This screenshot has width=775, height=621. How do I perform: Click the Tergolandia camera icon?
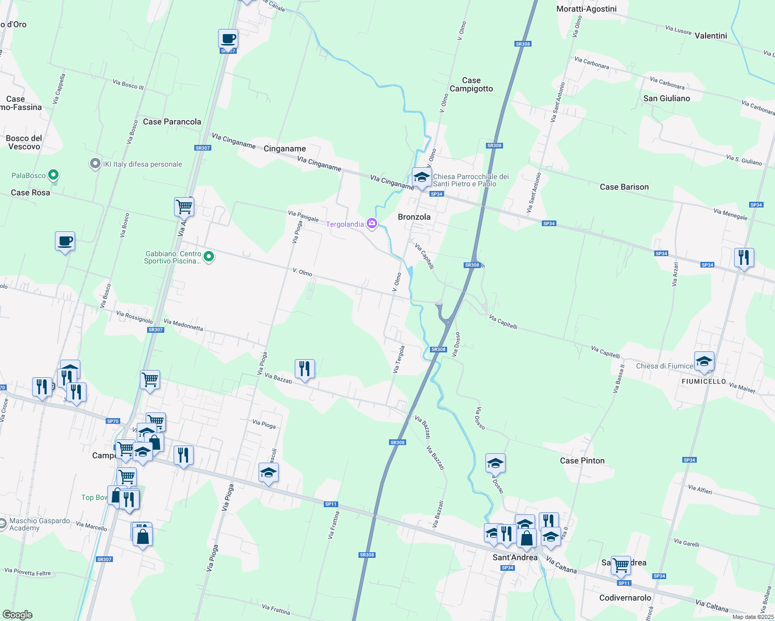click(371, 224)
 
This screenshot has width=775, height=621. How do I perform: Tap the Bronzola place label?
click(414, 217)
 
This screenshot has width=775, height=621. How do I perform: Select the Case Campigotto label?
click(471, 84)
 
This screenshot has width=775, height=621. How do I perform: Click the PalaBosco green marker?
click(53, 175)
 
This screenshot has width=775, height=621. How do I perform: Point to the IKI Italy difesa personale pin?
click(95, 164)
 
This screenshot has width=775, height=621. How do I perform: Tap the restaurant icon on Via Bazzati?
click(305, 369)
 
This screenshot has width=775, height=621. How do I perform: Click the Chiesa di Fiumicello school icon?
click(704, 362)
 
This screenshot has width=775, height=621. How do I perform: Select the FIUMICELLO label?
click(704, 381)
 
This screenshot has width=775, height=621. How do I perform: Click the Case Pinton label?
click(582, 461)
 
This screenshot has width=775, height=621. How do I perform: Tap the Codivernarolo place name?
click(625, 598)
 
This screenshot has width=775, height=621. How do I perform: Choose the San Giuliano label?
click(666, 98)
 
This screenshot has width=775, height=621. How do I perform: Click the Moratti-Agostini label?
click(586, 9)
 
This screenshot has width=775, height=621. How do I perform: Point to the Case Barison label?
click(624, 187)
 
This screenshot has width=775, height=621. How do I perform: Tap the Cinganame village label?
click(284, 149)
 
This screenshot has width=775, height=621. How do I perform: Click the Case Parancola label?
click(172, 122)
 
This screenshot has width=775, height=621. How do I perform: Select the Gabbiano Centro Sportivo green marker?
click(209, 257)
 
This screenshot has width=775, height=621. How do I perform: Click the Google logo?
click(17, 615)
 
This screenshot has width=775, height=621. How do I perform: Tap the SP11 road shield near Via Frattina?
click(331, 504)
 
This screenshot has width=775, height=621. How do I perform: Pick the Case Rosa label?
click(31, 193)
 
